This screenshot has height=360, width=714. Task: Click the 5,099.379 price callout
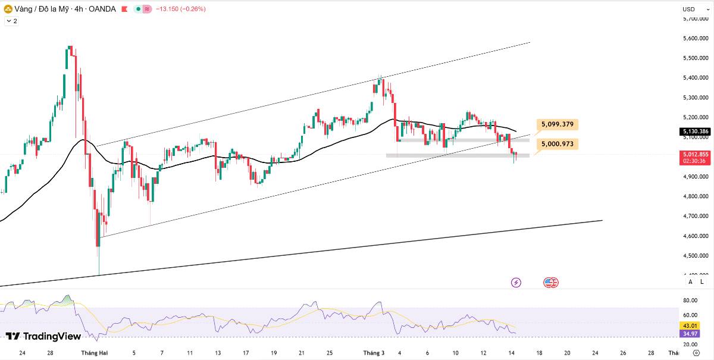click(557, 124)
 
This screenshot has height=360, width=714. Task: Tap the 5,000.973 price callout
click(557, 144)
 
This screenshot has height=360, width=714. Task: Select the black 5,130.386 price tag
click(696, 132)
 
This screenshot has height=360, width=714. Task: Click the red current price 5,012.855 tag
click(696, 158)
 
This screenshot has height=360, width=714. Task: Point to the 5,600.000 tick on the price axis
click(696, 38)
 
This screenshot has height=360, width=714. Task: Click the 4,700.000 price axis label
click(696, 216)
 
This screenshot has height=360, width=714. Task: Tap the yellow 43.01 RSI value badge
click(690, 325)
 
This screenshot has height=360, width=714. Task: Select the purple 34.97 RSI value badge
click(690, 334)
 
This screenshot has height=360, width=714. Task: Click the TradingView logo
click(43, 336)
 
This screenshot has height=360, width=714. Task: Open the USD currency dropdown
click(695, 10)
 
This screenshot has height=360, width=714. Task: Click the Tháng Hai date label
click(95, 353)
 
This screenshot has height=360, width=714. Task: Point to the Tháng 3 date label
click(374, 353)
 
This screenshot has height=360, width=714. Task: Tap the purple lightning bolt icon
click(516, 283)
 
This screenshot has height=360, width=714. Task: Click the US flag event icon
click(549, 283)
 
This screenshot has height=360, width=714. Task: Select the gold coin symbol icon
click(8, 10)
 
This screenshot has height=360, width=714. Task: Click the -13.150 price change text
click(167, 9)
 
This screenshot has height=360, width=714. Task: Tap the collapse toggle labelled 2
click(12, 21)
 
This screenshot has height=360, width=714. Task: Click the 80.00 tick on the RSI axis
click(690, 300)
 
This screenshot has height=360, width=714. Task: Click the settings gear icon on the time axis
click(697, 353)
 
